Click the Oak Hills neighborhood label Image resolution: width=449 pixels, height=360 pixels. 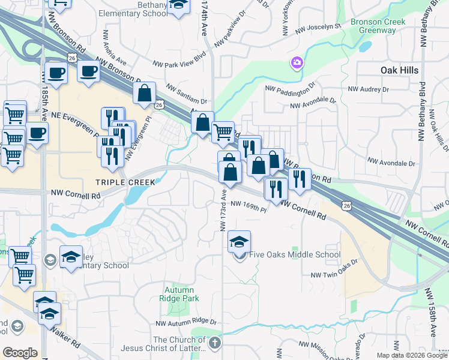point(399,70)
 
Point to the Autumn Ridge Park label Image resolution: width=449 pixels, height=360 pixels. point(181,294)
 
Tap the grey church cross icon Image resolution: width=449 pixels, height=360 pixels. point(215,343)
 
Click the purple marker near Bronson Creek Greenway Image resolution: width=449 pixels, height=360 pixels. point(297,62)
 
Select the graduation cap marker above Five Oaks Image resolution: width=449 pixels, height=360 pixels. point(240,242)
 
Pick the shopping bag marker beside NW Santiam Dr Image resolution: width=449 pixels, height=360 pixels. point(145,93)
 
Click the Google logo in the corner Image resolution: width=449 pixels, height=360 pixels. point(20,353)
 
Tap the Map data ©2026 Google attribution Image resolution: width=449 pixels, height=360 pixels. point(412,355)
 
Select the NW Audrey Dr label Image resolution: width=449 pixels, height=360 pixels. point(369,89)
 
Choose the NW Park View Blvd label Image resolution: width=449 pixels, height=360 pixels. point(179,63)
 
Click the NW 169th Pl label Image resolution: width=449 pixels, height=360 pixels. point(248,207)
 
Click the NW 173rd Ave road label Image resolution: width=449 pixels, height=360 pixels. point(223,210)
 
